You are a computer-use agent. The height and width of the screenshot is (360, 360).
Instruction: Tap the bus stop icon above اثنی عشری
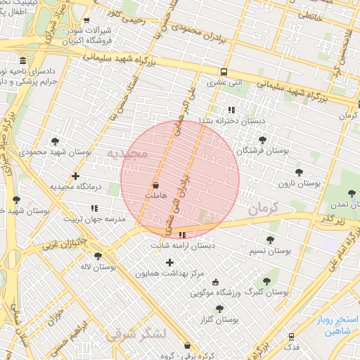pyautogui.click(x=224, y=72)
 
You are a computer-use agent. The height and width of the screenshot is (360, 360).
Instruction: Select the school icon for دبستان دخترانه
pyautogui.click(x=231, y=109)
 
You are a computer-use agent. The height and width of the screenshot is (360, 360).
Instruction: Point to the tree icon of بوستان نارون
pyautogui.click(x=299, y=172)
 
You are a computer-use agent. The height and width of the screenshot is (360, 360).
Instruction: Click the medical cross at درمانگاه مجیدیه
pyautogui.click(x=75, y=176)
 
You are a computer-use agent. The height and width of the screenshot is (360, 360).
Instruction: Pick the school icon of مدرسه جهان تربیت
pyautogui.click(x=94, y=208)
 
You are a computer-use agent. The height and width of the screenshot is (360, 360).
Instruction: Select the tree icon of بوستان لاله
pyautogui.click(x=97, y=256)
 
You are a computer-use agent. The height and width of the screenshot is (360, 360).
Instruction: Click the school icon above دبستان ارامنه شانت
pyautogui.click(x=183, y=236)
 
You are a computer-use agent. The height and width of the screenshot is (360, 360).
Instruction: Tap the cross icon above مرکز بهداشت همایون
pyautogui.click(x=169, y=262)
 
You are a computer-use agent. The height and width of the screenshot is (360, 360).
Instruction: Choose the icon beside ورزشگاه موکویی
pyautogui.click(x=215, y=281)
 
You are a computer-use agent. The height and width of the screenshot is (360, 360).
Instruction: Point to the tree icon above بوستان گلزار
pyautogui.click(x=219, y=308)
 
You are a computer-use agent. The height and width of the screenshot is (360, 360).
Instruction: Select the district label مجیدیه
pyautogui.click(x=127, y=153)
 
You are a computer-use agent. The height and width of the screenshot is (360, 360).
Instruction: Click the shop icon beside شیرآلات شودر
pyautogui.click(x=86, y=20)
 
